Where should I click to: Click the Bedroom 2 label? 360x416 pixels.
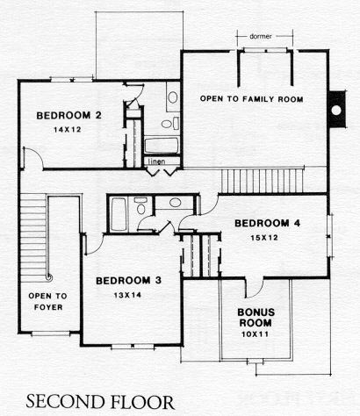click(x=68, y=116)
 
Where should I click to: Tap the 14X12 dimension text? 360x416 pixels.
click(x=68, y=130)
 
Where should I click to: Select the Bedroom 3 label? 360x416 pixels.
click(x=128, y=281)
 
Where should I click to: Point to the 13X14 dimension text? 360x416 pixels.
click(x=127, y=295)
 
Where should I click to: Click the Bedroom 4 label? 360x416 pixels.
click(x=267, y=224)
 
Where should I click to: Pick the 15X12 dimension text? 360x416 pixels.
click(x=264, y=238)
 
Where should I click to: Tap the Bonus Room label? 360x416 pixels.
click(x=256, y=318)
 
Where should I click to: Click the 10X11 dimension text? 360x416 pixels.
click(x=255, y=334)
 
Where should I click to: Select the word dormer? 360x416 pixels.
click(x=261, y=37)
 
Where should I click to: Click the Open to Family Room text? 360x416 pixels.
click(x=251, y=99)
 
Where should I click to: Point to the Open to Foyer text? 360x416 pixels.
click(x=47, y=302)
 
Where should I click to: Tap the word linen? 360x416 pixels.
click(x=157, y=161)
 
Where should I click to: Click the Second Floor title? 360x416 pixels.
click(x=100, y=402)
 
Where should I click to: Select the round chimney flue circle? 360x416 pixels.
click(x=336, y=110)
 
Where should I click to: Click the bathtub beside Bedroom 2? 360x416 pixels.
click(x=162, y=146)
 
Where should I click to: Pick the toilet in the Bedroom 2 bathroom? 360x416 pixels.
click(x=169, y=124)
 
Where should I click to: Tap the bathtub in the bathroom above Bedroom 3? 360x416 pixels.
click(x=119, y=214)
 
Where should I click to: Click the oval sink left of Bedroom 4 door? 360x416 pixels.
click(x=175, y=203)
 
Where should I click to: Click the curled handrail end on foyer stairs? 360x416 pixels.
click(x=49, y=277)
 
